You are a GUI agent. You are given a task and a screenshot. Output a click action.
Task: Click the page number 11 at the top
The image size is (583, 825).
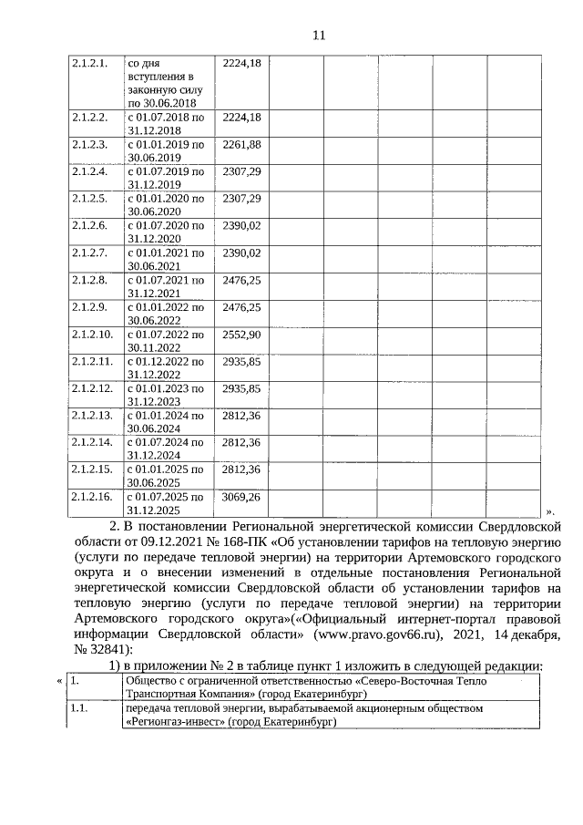pyautogui.click(x=319, y=36)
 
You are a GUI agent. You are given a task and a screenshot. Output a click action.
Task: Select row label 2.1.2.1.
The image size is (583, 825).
pyautogui.click(x=90, y=63)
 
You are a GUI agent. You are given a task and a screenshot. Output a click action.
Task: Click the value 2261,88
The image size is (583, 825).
pyautogui.click(x=241, y=145)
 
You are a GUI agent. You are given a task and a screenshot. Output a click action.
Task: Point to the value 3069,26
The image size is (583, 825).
pyautogui.click(x=241, y=497)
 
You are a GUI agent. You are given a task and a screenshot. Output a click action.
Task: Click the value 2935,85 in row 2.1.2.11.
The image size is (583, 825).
pyautogui.click(x=241, y=362)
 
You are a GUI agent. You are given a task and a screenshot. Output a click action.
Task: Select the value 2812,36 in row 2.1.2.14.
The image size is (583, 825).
pyautogui.click(x=241, y=443)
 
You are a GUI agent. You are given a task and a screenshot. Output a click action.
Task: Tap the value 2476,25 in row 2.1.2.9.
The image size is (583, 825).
pyautogui.click(x=241, y=307)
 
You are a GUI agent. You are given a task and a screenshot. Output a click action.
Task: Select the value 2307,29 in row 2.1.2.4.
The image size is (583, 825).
pyautogui.click(x=241, y=171)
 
